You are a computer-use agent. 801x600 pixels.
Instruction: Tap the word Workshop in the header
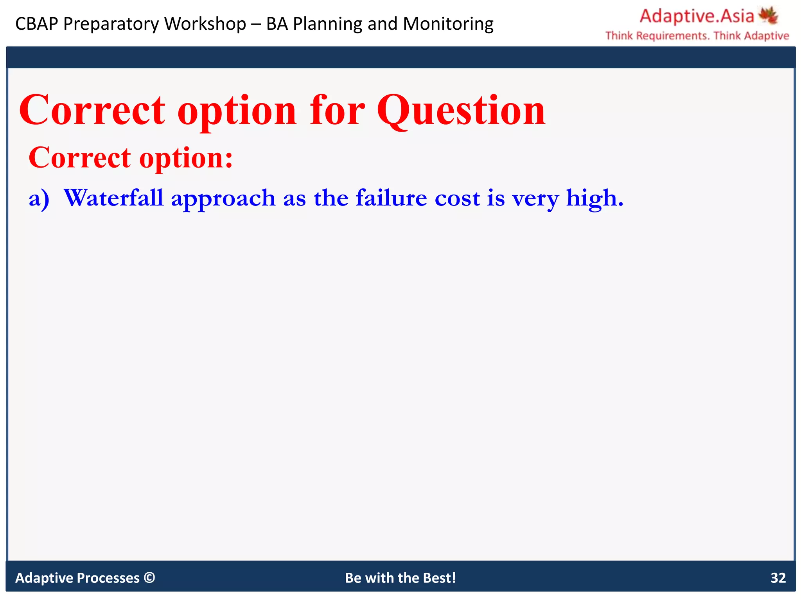pyautogui.click(x=205, y=24)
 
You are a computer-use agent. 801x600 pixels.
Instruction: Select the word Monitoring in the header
pyautogui.click(x=448, y=24)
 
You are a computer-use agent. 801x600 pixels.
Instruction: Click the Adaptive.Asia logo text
pyautogui.click(x=697, y=16)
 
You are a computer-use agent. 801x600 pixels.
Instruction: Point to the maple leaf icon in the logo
pyautogui.click(x=769, y=16)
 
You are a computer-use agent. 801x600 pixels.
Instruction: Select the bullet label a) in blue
pyautogui.click(x=39, y=198)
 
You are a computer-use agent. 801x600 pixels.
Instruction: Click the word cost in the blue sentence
pyautogui.click(x=457, y=198)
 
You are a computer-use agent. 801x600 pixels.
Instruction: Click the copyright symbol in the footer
pyautogui.click(x=149, y=577)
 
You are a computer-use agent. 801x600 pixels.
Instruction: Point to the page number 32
pyautogui.click(x=778, y=578)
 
